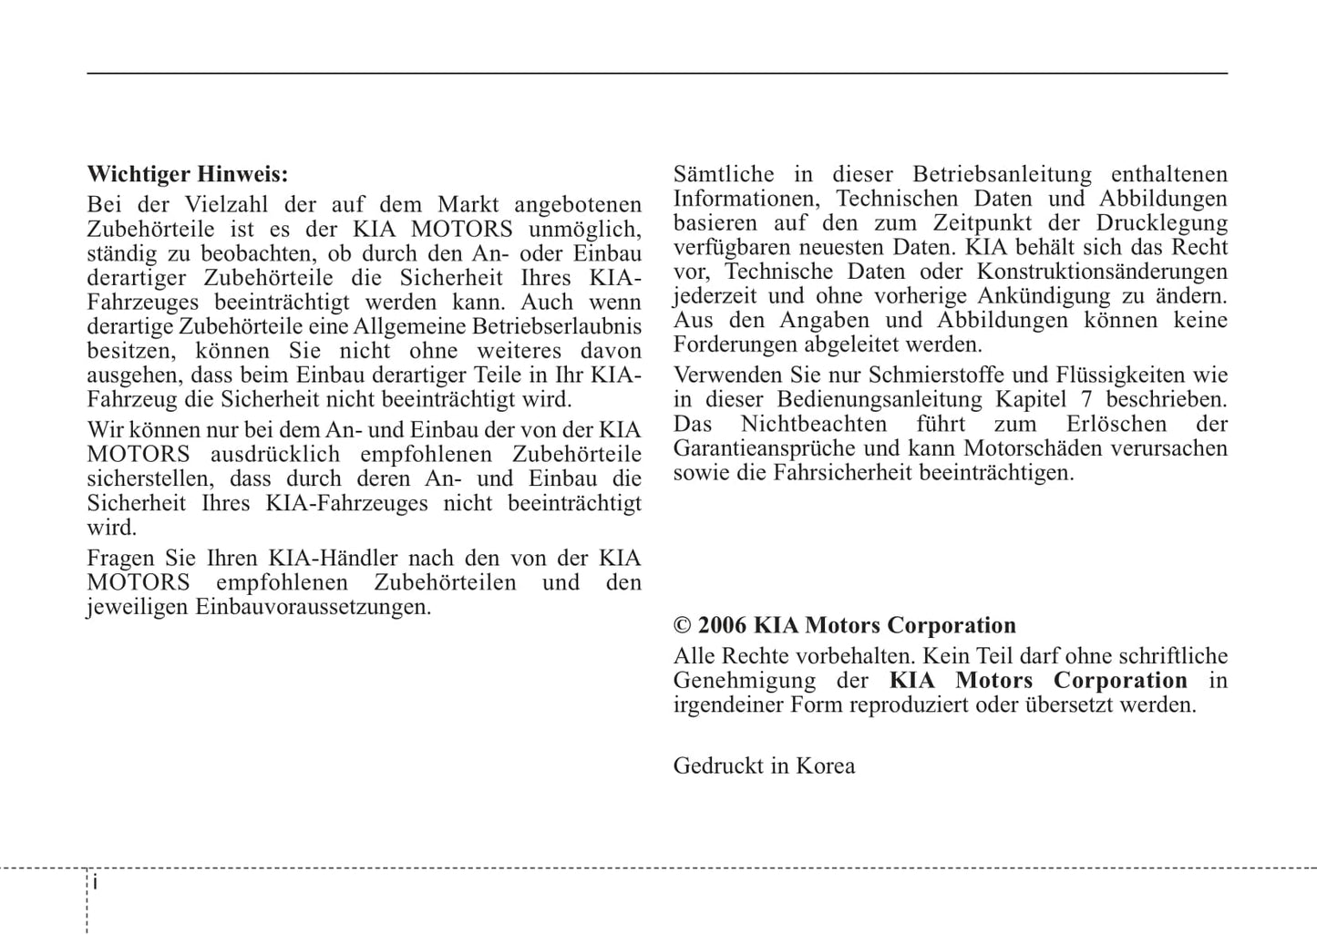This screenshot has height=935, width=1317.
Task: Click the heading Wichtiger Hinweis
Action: [187, 174]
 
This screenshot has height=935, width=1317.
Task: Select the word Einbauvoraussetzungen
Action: [313, 607]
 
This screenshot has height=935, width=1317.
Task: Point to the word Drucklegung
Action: [1161, 223]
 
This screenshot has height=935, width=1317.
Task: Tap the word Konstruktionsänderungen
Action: [1102, 272]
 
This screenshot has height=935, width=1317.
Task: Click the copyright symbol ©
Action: [683, 626]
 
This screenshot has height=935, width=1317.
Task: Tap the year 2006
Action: [722, 626]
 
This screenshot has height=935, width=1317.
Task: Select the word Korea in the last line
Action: [825, 765]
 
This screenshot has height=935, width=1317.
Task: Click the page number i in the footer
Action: [96, 883]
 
